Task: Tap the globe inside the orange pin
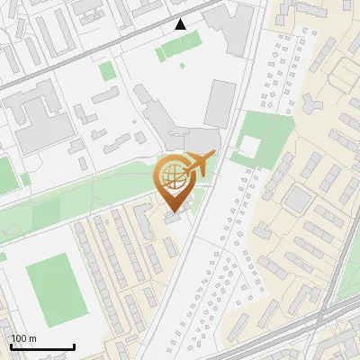coord(173,175)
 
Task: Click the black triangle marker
coord(180,24)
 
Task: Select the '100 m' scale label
coord(24,338)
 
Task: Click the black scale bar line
coord(41,347)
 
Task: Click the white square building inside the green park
coord(249,146)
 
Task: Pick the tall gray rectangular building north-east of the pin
coord(220,103)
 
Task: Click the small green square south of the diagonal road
coord(107,71)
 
